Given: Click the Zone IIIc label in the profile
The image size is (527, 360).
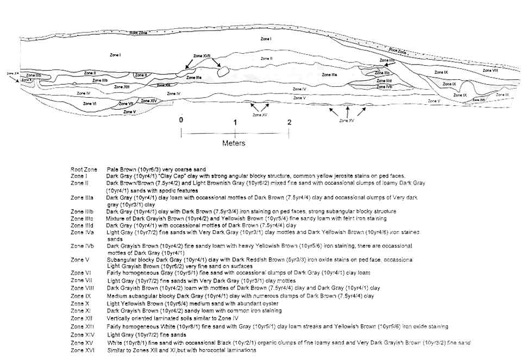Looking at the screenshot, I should tap(382, 72).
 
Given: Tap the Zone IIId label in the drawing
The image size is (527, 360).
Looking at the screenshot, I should tap(385, 80).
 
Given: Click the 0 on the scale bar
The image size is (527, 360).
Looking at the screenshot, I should tap(181, 121).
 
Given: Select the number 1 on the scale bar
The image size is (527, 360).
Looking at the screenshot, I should tap(235, 122).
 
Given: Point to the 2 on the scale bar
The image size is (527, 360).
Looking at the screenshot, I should tap(289, 122).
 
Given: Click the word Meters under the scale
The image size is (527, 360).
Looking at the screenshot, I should tap(234, 143).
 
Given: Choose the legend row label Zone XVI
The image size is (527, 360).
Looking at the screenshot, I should tap(83, 350).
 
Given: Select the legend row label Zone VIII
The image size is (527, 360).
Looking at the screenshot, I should tap(83, 288).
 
